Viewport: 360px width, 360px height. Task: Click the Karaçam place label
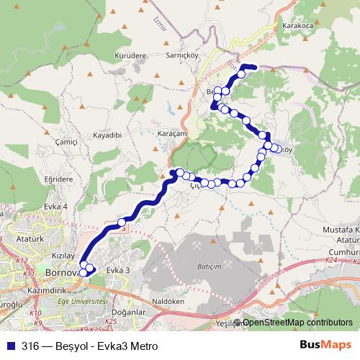(172, 134)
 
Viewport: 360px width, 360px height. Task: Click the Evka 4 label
(55, 206)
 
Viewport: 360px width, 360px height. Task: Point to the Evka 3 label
(118, 270)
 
